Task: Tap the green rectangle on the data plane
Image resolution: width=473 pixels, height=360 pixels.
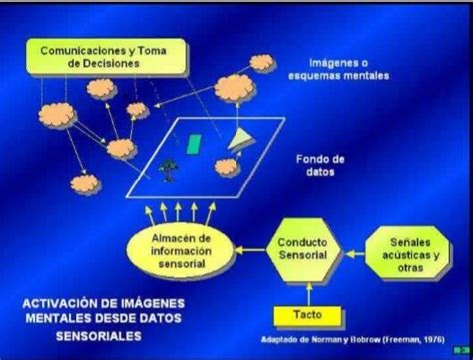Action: pos(194,145)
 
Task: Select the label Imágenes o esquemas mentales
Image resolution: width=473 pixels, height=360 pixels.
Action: pos(328,67)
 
